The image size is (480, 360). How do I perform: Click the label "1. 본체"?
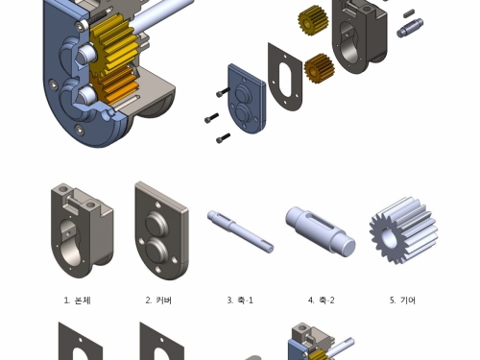pos(77,300)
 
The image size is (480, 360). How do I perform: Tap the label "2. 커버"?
pos(158,300)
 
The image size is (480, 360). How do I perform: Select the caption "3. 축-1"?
pos(240,300)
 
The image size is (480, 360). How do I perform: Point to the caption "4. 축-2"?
pos(322,300)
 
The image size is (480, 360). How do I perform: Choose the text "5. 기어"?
pos(402,300)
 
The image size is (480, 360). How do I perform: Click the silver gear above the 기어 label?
pos(403,231)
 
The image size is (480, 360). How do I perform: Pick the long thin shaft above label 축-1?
pos(240,231)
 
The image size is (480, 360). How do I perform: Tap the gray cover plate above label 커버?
pos(161,230)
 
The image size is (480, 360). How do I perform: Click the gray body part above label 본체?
pos(82,230)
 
